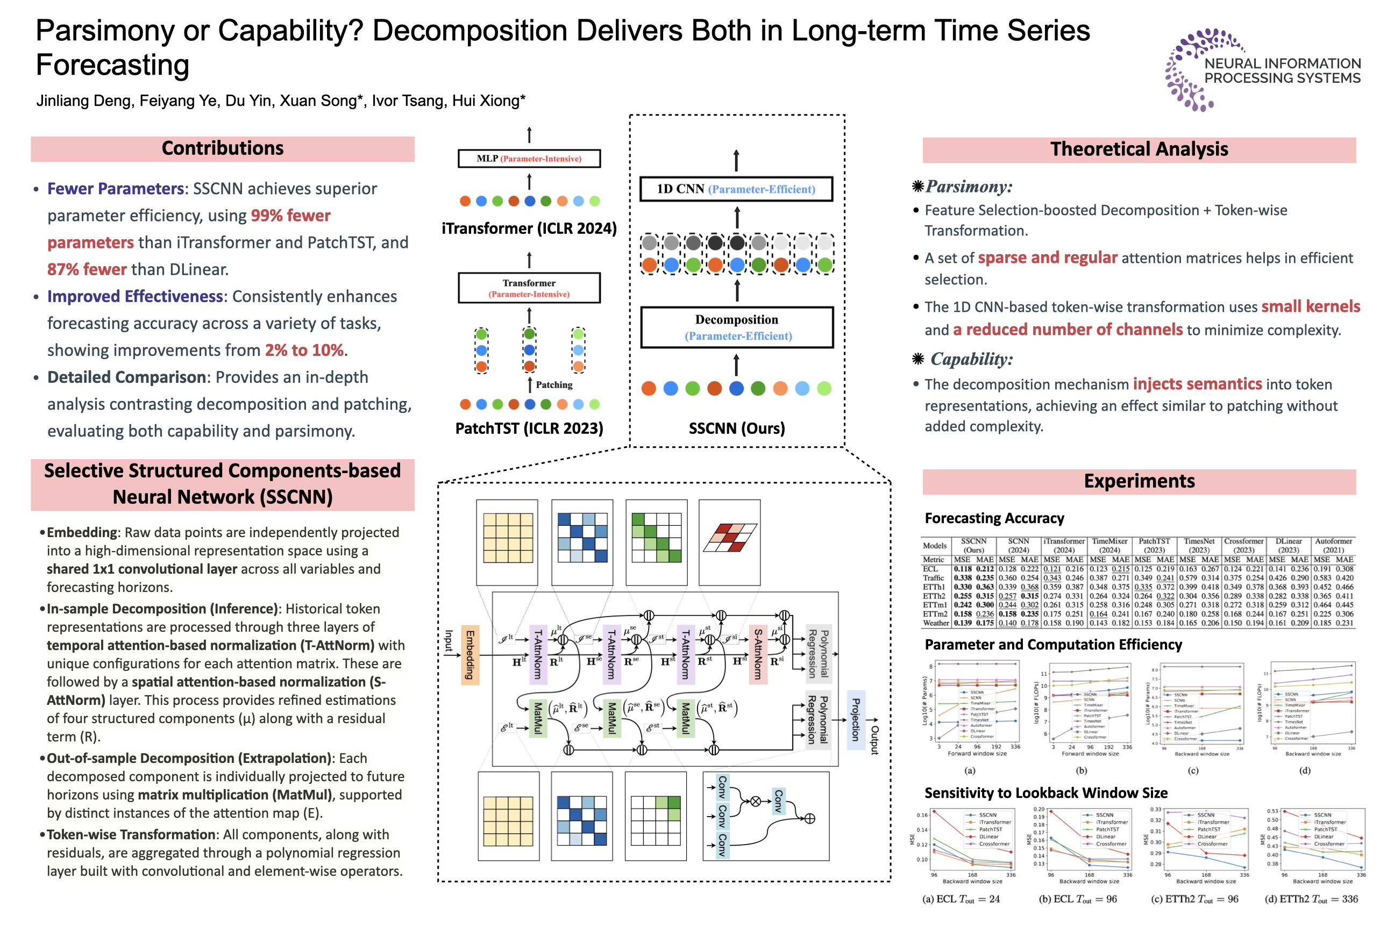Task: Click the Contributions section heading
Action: click(222, 148)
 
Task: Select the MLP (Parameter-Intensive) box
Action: click(529, 159)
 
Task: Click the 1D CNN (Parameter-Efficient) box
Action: click(736, 189)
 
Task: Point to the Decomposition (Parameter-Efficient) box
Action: click(737, 327)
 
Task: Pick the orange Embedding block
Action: click(470, 655)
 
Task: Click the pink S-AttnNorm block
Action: click(757, 655)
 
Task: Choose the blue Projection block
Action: click(855, 720)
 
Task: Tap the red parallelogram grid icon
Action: click(730, 538)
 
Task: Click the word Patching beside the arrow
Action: click(554, 384)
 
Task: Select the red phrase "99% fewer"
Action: click(290, 216)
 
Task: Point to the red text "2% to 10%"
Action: click(304, 350)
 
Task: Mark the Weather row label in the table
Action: click(936, 623)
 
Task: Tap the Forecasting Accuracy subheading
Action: click(994, 518)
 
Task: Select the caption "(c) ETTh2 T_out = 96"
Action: click(1194, 899)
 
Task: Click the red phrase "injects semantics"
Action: click(1197, 384)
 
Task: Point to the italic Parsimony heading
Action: click(969, 187)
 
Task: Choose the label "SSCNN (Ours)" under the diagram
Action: click(736, 428)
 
